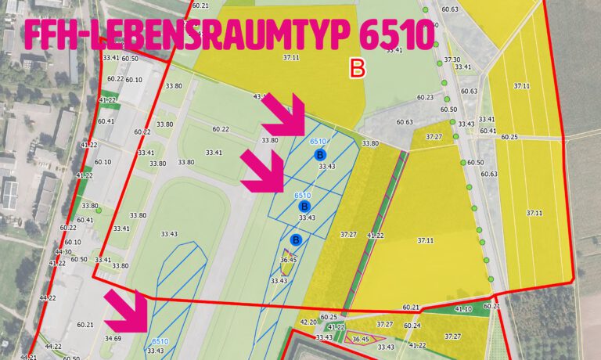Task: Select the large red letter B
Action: click(x=358, y=69)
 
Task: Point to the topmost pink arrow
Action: click(x=286, y=115)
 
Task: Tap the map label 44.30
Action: click(x=63, y=252)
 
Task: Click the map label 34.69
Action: click(x=113, y=338)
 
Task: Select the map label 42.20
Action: click(x=308, y=322)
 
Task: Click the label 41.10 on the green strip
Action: click(x=464, y=309)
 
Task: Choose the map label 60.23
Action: click(x=425, y=98)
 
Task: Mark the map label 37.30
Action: click(x=452, y=59)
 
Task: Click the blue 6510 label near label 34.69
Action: click(x=160, y=341)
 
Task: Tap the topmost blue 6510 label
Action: click(x=318, y=141)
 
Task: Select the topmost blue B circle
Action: click(x=319, y=155)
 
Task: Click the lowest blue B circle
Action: click(x=296, y=239)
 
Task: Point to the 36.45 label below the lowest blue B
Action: click(x=288, y=260)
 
